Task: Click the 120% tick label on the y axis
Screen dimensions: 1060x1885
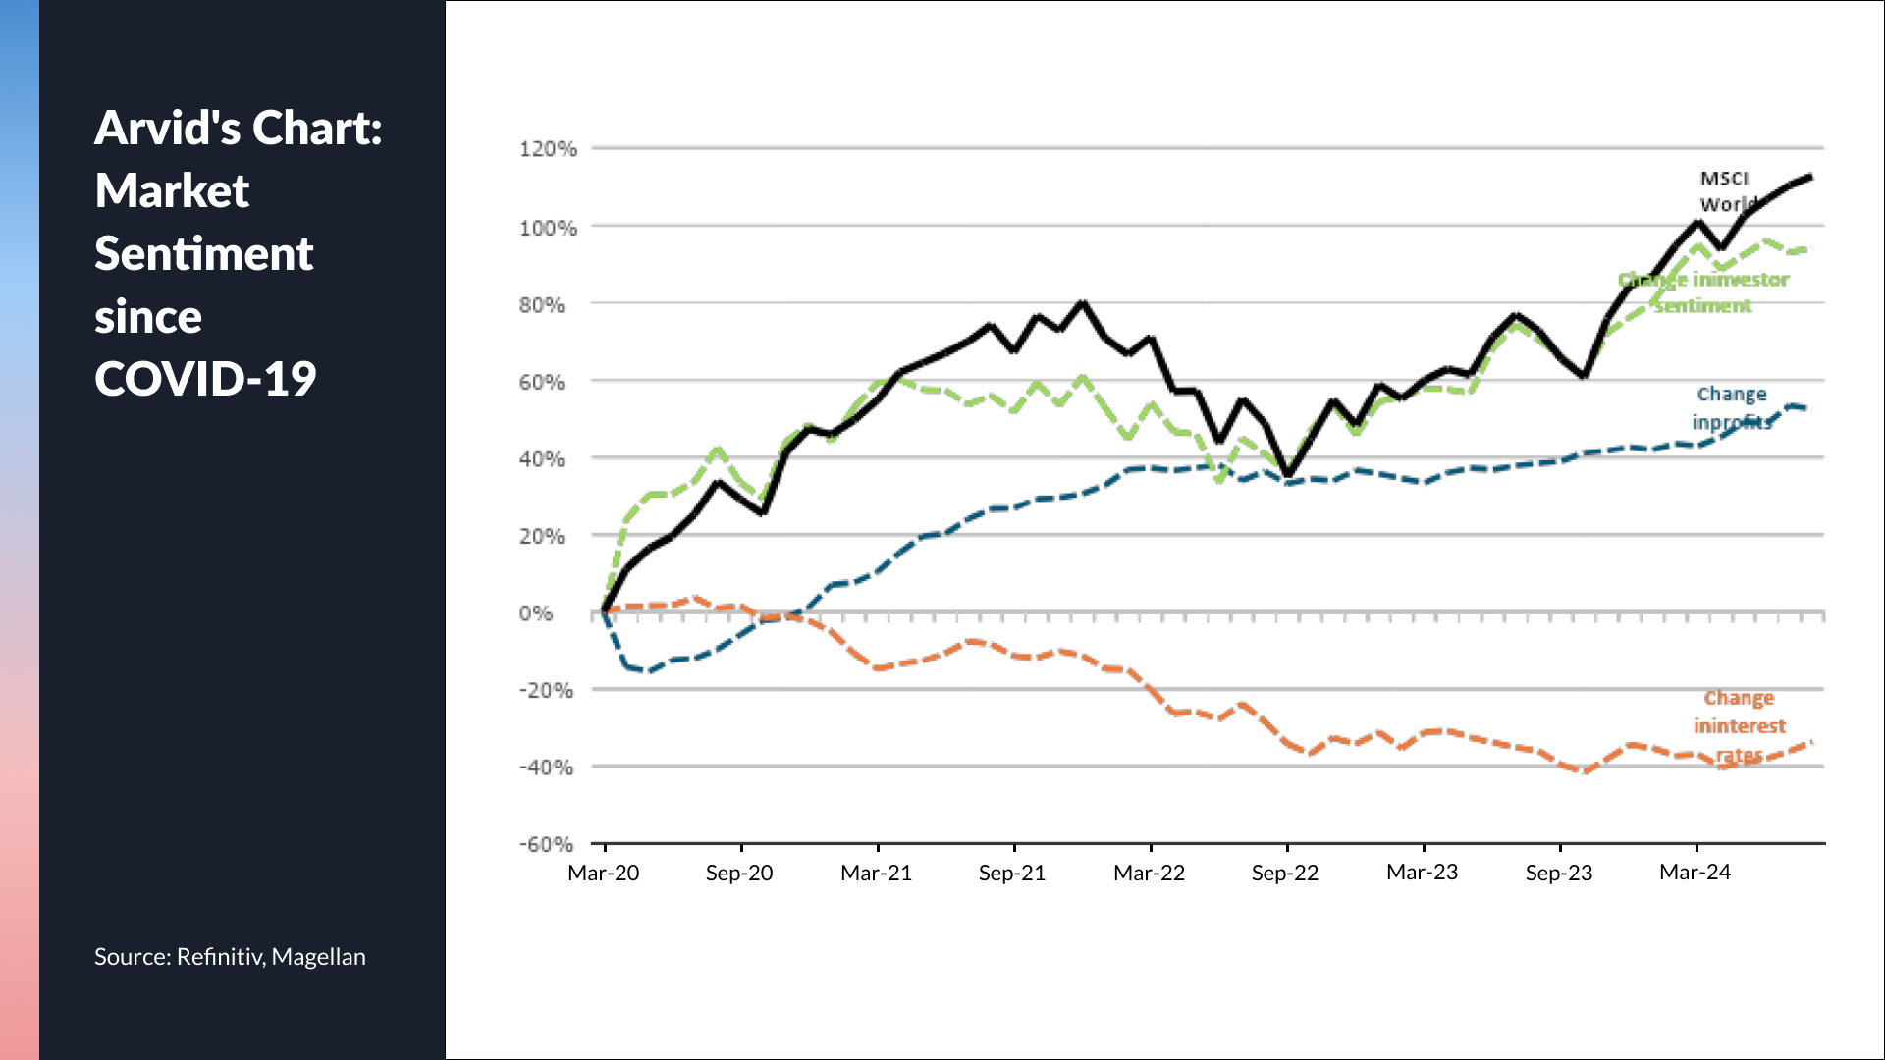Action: [548, 149]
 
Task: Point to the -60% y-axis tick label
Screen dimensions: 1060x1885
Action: [546, 844]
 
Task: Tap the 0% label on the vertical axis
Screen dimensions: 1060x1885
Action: [536, 613]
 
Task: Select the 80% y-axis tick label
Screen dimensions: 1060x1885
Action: [542, 305]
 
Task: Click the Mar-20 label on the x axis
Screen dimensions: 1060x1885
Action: [603, 873]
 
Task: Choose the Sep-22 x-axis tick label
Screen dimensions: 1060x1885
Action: [1284, 873]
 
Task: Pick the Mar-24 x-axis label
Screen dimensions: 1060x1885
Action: [1695, 872]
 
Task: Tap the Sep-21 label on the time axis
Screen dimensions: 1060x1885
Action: [1011, 873]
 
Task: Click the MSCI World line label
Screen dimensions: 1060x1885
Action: [1726, 191]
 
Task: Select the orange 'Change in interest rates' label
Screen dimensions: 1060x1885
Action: [1739, 726]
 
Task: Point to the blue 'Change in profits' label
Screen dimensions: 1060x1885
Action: [1732, 407]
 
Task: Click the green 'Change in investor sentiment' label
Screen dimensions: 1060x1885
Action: [1703, 292]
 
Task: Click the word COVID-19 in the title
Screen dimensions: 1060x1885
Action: [205, 379]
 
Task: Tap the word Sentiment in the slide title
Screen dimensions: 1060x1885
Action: [203, 253]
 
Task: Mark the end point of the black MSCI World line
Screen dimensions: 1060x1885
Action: [1809, 177]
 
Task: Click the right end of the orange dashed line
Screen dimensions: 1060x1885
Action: [1810, 743]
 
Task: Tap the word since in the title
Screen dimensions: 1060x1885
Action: [148, 317]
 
